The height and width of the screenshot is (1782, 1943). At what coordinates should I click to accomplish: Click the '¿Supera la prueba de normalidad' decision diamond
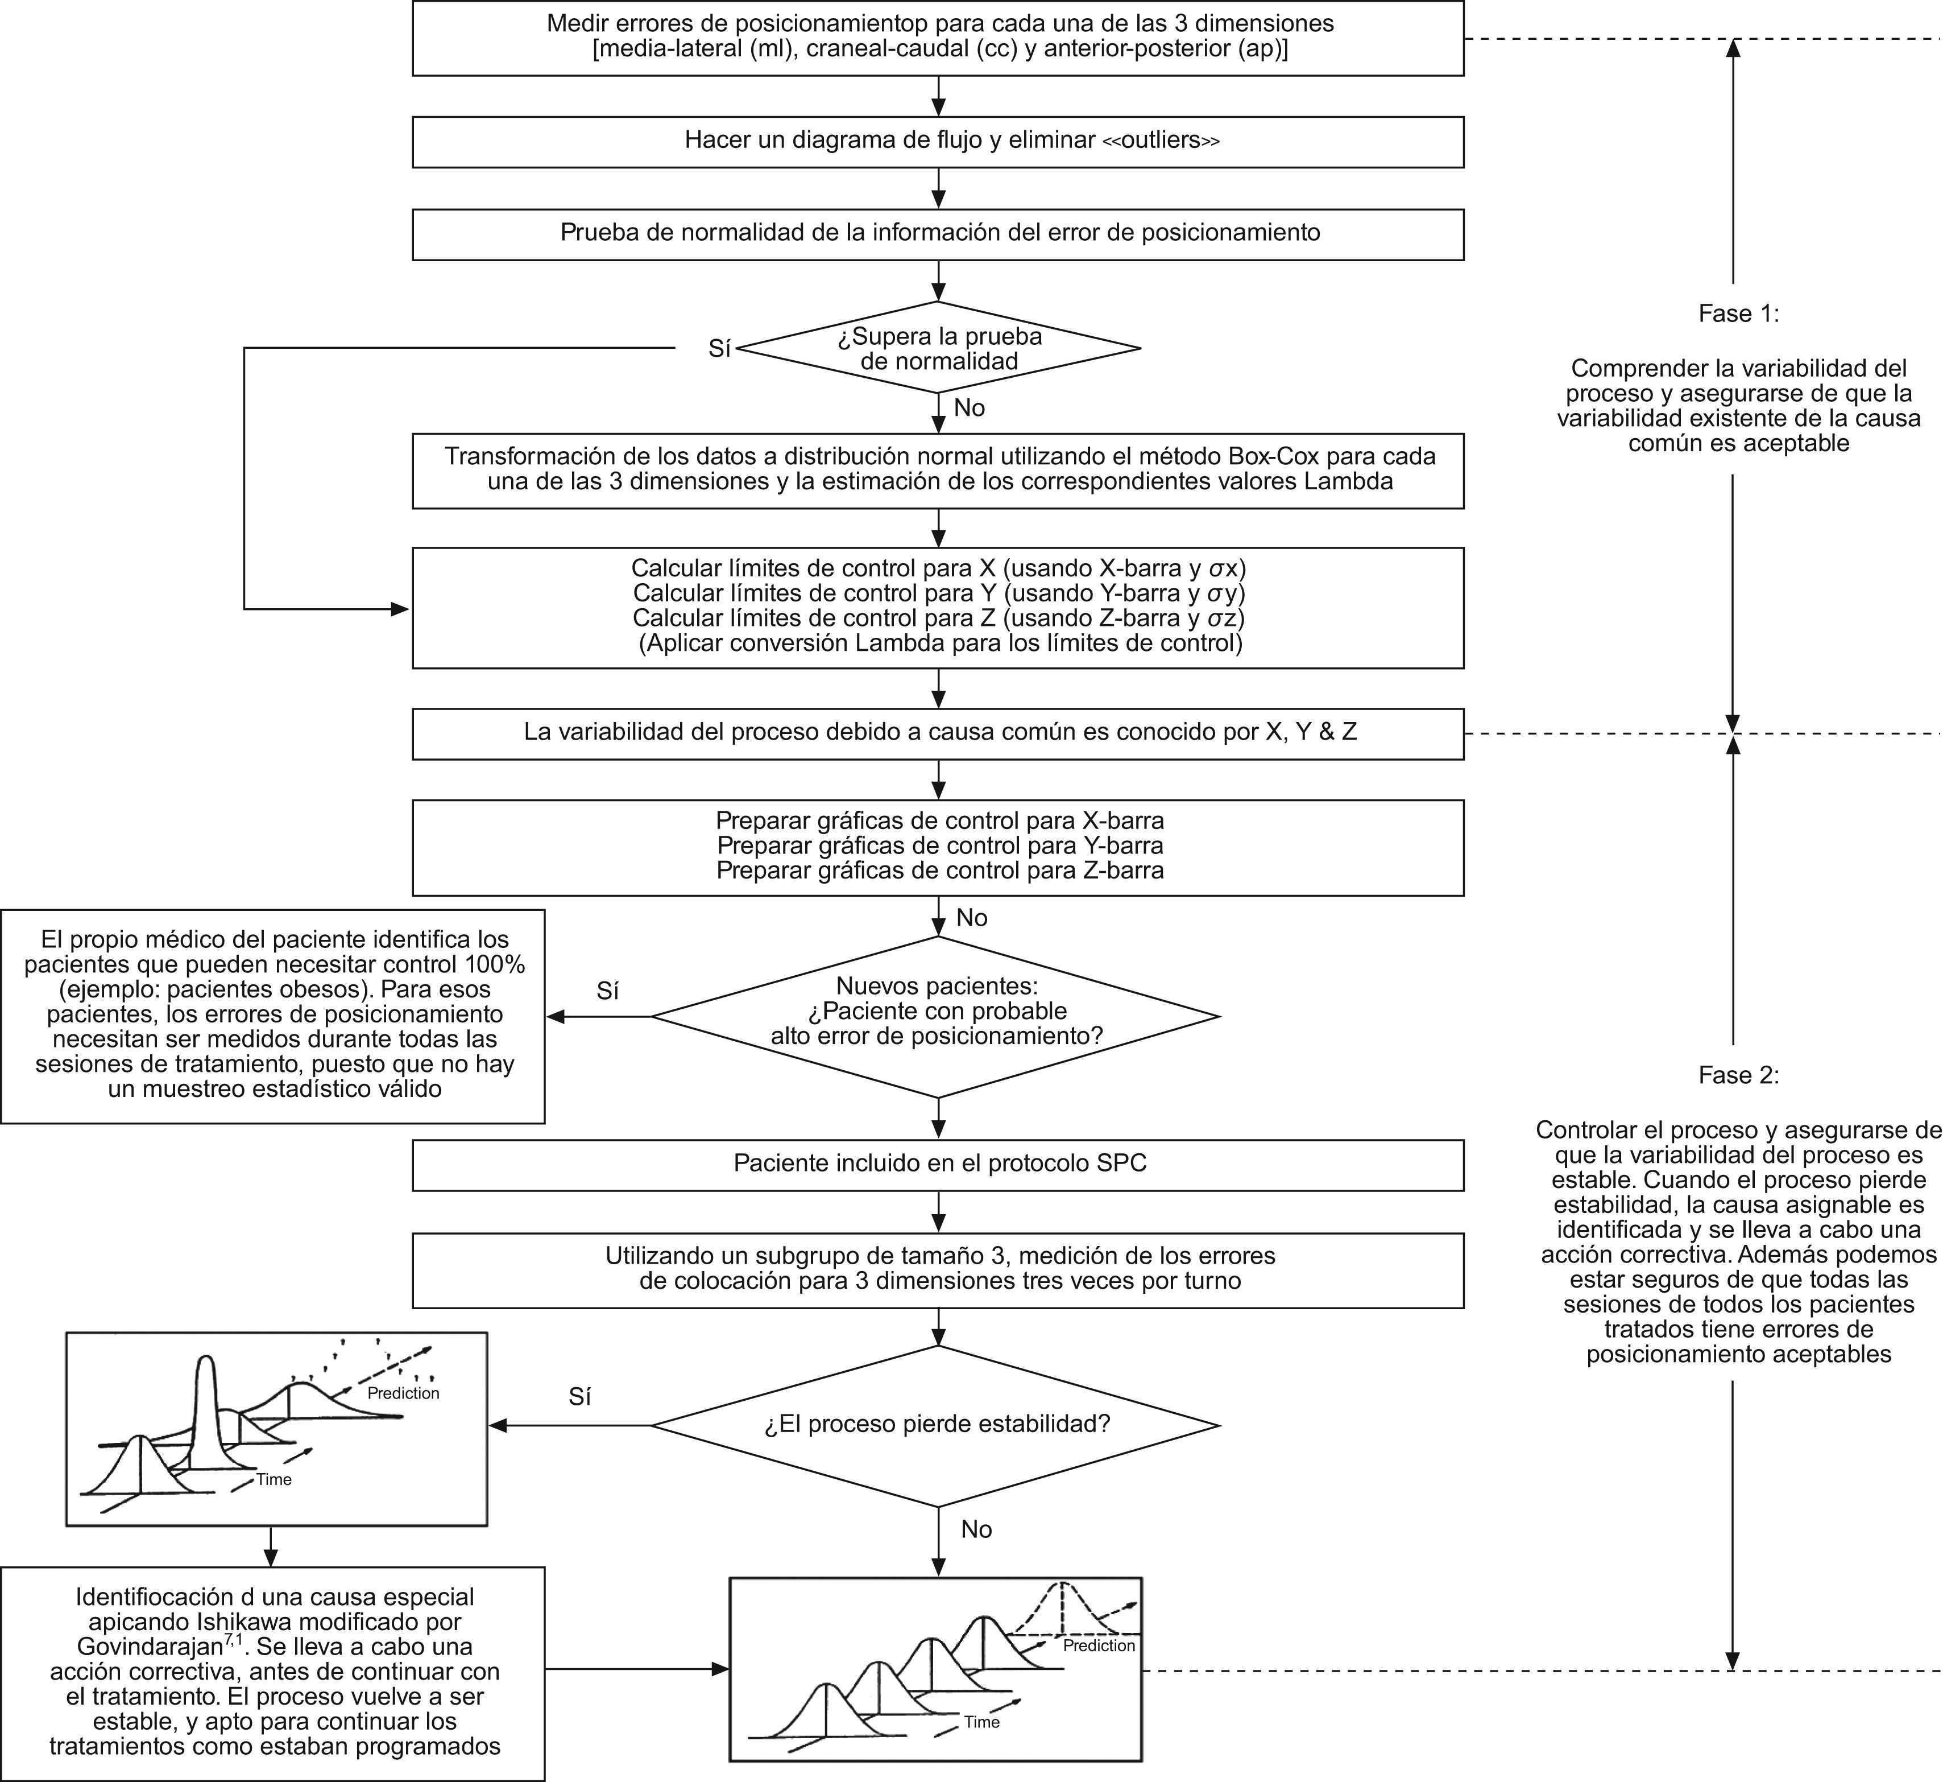[938, 348]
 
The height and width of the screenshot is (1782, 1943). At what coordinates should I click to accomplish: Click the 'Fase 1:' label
[1739, 313]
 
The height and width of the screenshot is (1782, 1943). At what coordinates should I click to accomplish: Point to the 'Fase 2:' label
[1739, 1075]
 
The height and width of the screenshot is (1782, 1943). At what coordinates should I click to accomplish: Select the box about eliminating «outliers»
[938, 141]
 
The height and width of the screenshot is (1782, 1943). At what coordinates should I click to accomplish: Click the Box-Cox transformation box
[938, 469]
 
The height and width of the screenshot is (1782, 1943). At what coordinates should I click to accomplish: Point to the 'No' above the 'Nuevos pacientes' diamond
[971, 917]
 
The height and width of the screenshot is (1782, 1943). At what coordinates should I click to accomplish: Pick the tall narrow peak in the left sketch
[204, 1389]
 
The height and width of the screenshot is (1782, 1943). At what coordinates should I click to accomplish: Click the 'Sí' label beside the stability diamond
[579, 1396]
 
